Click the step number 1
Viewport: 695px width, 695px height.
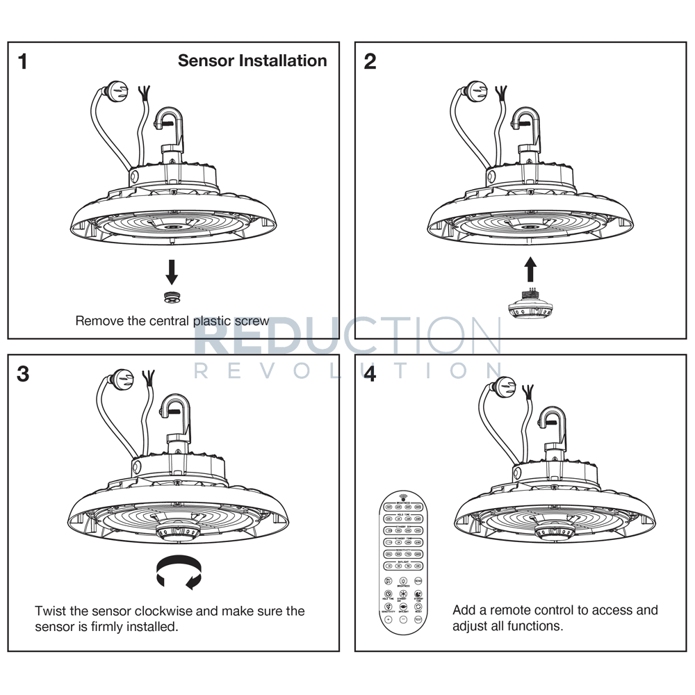click(x=24, y=62)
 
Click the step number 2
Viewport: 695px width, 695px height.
click(x=370, y=62)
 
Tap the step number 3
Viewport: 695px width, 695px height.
click(x=24, y=374)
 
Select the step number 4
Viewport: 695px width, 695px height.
click(x=370, y=374)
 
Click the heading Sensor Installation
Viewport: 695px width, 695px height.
click(x=252, y=60)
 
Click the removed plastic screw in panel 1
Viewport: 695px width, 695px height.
click(x=171, y=297)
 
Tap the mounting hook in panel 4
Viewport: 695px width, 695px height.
click(x=553, y=423)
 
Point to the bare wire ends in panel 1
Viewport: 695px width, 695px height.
click(x=145, y=92)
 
